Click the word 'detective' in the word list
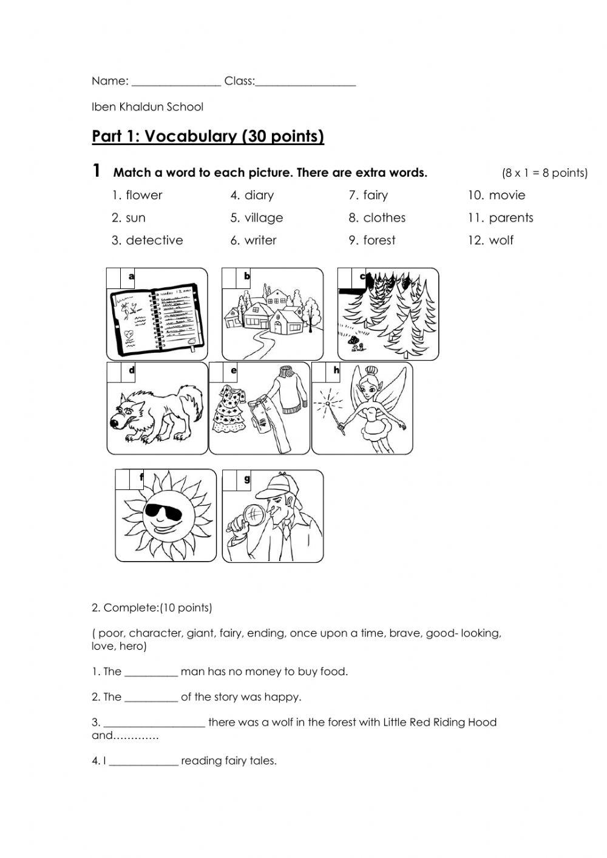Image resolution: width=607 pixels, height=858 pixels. pos(154,240)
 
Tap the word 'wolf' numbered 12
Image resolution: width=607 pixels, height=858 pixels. pos(501,240)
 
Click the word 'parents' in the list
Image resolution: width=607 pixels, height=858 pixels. pos(510,218)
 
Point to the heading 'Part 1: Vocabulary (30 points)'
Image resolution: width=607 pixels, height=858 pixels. pos(208,136)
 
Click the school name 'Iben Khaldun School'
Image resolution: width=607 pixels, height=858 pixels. pos(148,107)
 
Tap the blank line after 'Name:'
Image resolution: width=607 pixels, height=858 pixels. pos(176,83)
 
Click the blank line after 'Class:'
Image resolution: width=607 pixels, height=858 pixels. pos(305,83)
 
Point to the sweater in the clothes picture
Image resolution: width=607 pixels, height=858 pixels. pos(290,389)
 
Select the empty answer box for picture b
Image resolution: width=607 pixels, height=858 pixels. pos(229,277)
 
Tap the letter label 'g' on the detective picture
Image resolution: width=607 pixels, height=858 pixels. pos(247,479)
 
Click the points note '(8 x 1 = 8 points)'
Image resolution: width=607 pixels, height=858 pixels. pos(544,173)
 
